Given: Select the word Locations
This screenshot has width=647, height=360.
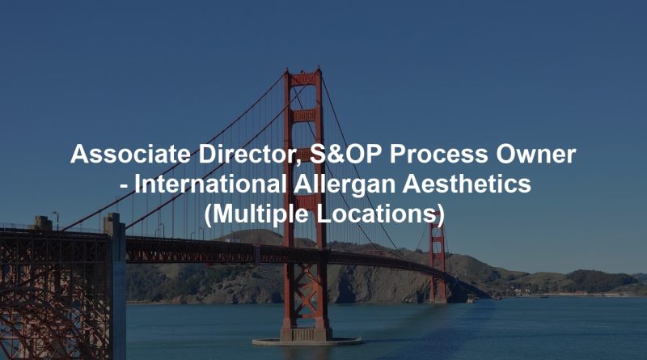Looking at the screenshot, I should click(383, 214).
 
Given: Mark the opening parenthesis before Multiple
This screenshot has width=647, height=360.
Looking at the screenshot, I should click(208, 215).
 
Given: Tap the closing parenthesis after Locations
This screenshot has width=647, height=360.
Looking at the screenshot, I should click(440, 215).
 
